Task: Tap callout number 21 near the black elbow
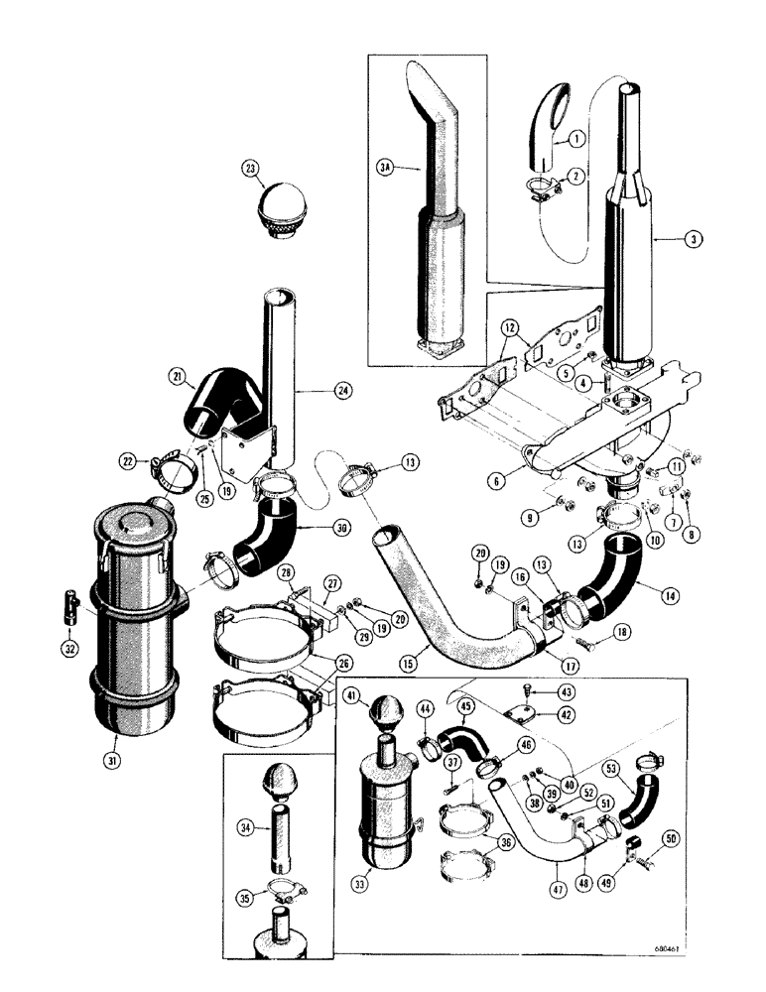pyautogui.click(x=176, y=375)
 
